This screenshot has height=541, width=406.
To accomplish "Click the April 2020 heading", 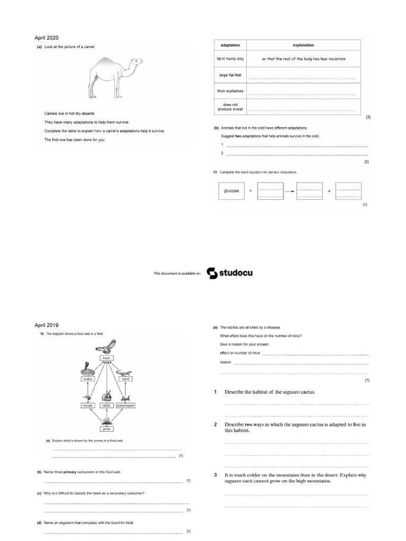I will [x=47, y=38].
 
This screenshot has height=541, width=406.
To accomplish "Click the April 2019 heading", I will [x=47, y=325].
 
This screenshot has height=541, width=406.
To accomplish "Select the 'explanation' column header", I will [x=303, y=45].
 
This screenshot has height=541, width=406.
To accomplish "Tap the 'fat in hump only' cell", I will [x=230, y=59].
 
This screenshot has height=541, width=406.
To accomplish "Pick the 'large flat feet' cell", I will [x=230, y=75].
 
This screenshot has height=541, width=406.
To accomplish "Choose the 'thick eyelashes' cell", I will [x=230, y=91].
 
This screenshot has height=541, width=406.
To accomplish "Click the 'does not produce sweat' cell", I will [x=230, y=107].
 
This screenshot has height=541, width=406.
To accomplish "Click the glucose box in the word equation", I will [x=232, y=191].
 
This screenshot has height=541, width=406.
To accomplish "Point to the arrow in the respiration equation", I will [x=290, y=191].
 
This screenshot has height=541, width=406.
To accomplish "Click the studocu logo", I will [x=229, y=273].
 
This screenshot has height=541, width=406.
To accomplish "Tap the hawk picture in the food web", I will [x=107, y=347].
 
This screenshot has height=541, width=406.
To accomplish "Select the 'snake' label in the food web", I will [x=87, y=379].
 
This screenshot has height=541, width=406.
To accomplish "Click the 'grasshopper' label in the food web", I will [x=126, y=405].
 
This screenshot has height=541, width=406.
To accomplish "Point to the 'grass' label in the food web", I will [x=107, y=430].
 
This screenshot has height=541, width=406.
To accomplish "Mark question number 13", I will [x=215, y=172].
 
